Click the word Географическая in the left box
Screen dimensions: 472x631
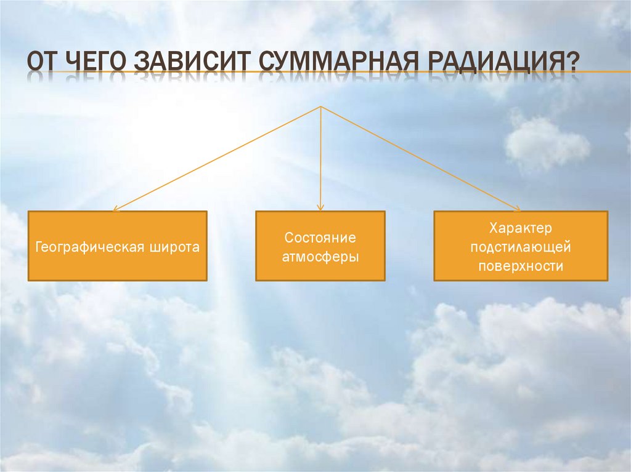[x=91, y=247]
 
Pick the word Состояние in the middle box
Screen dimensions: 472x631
[x=320, y=238]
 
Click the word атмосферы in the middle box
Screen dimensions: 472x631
[x=320, y=257]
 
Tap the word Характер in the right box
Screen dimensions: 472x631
[x=521, y=228]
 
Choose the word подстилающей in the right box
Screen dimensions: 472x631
[x=521, y=247]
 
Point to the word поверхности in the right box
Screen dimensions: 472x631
[x=521, y=266]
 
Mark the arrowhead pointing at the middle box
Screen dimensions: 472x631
[x=320, y=208]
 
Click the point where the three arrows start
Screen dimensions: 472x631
[x=320, y=107]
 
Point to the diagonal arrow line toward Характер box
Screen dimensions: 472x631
[x=419, y=158]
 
